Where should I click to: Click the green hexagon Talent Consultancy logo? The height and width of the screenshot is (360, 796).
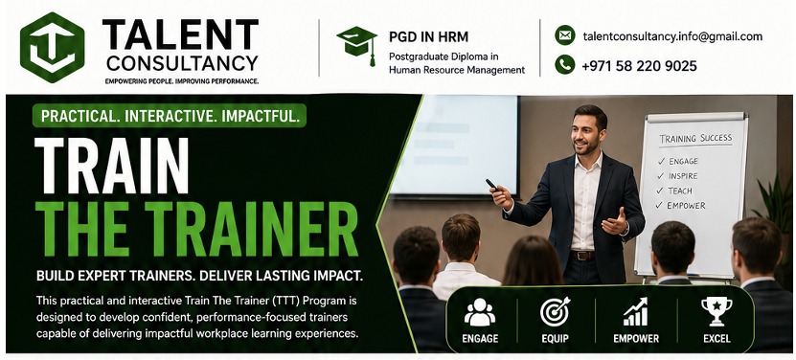(x=53, y=47)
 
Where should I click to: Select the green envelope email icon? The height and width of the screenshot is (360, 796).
(x=565, y=35)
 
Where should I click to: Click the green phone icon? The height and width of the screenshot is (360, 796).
(x=565, y=65)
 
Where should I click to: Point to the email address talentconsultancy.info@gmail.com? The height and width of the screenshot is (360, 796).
(x=672, y=36)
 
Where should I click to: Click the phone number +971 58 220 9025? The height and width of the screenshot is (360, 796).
(x=639, y=65)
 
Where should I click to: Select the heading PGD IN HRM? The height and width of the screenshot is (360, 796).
(x=428, y=36)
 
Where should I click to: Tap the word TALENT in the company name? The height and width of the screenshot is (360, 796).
(x=180, y=34)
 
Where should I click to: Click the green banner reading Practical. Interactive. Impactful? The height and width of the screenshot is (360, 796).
(x=170, y=116)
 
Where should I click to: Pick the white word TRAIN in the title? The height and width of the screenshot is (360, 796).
(x=112, y=166)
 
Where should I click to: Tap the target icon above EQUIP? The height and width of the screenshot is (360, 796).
(x=555, y=312)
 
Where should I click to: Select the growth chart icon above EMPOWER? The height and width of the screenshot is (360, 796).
(x=636, y=312)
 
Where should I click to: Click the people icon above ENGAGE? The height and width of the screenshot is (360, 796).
(x=480, y=312)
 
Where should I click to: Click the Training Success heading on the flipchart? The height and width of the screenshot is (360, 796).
(x=695, y=138)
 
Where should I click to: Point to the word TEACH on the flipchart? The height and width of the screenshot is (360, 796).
(x=680, y=191)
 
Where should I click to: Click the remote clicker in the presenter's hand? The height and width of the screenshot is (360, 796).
(x=493, y=186)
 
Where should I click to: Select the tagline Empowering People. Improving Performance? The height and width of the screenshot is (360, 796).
(x=181, y=81)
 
